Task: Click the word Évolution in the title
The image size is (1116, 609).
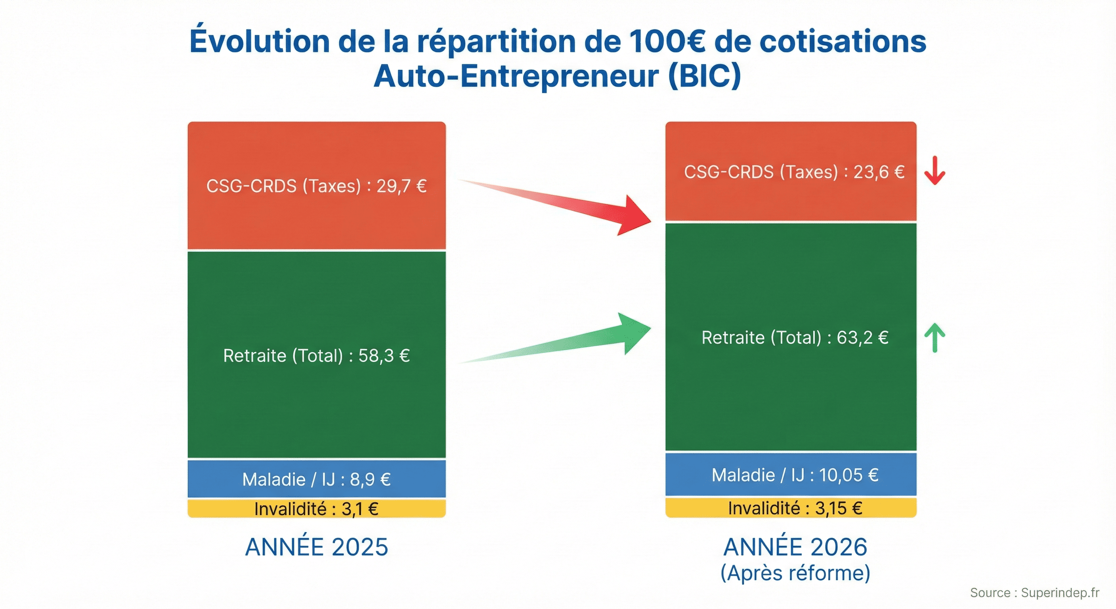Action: click(259, 41)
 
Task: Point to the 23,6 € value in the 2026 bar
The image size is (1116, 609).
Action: click(879, 172)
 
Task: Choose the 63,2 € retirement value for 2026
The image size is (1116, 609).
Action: click(862, 338)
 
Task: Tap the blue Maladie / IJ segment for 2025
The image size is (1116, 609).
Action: click(316, 479)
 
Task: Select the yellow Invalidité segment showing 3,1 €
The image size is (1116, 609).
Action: click(316, 509)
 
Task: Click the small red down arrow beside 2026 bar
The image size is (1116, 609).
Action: click(934, 170)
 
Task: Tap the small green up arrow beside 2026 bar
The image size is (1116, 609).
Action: click(934, 338)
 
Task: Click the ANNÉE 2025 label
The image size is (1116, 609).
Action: click(316, 547)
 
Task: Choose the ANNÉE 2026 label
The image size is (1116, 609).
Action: click(795, 547)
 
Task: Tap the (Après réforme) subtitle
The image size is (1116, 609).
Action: click(795, 573)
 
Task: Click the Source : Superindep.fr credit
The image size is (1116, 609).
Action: click(1034, 592)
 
